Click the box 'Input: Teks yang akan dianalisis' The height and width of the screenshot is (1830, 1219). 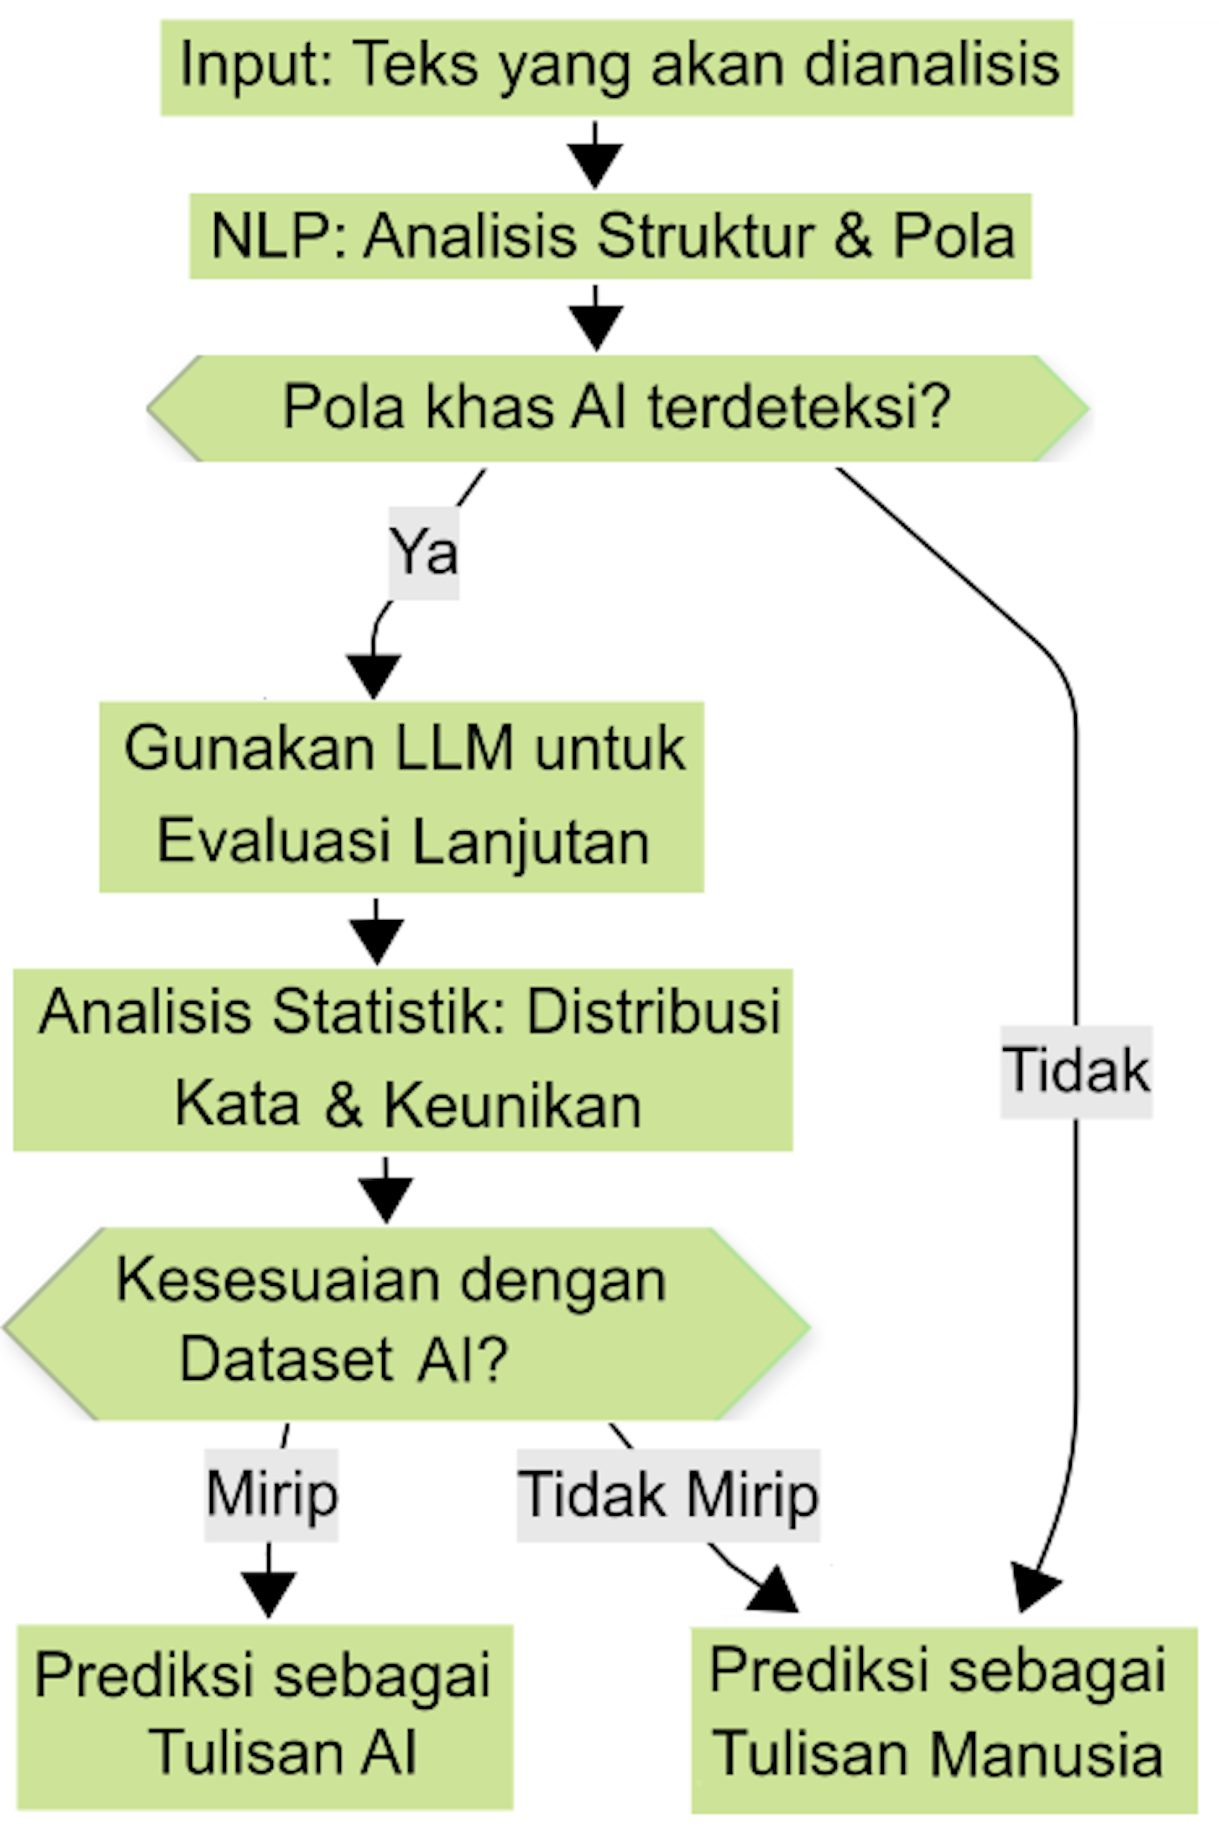[x=616, y=68]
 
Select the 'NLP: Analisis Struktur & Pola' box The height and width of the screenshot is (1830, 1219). [x=610, y=236]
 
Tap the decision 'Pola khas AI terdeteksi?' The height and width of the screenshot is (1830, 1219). [x=617, y=408]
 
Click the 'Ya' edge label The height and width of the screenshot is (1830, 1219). [x=423, y=552]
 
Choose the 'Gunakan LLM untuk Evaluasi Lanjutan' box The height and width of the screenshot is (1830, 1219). [x=402, y=796]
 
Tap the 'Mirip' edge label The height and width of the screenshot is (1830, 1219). [x=271, y=1493]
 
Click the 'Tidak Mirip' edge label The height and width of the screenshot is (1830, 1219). [x=669, y=1494]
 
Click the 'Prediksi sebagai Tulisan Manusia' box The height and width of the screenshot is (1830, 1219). [x=944, y=1718]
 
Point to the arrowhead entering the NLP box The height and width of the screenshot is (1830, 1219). [x=595, y=165]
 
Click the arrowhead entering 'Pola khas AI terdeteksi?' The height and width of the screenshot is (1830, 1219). [x=596, y=327]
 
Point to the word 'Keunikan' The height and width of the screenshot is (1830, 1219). [x=512, y=1105]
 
